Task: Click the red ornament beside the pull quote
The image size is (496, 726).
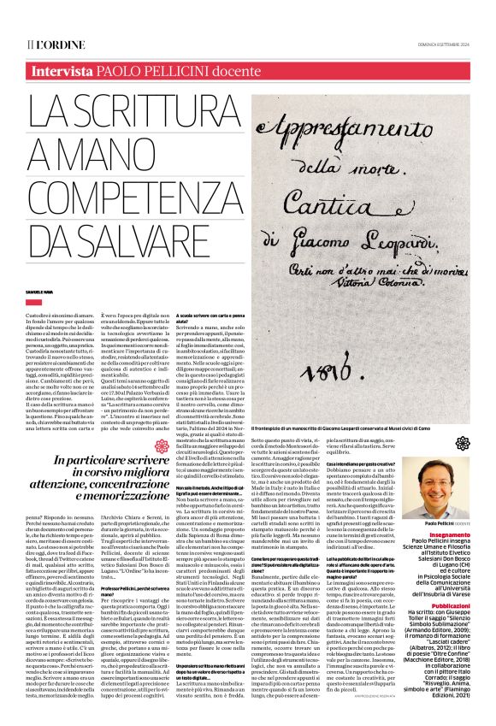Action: tap(162, 446)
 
